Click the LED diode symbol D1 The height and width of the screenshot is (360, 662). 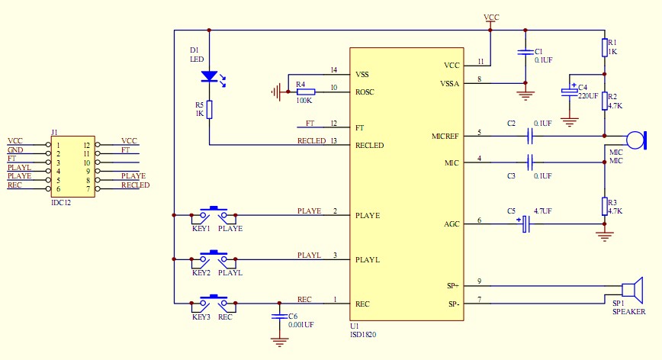click(x=209, y=76)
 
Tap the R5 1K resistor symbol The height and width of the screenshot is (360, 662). click(x=209, y=110)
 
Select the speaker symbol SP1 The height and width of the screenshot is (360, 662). click(x=628, y=290)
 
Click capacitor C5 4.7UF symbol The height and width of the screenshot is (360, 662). click(x=524, y=223)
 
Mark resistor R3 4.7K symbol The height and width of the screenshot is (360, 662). click(x=604, y=206)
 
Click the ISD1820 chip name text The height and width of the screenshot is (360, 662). click(x=363, y=334)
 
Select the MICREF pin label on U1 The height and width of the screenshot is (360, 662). click(x=445, y=137)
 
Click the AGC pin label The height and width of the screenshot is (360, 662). click(x=452, y=224)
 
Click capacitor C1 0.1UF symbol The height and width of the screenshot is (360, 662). click(x=524, y=53)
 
